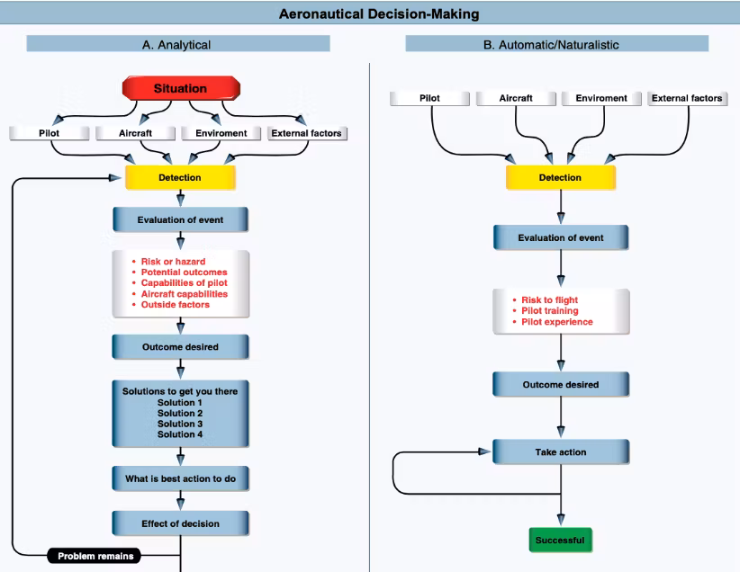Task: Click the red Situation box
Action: pos(180,88)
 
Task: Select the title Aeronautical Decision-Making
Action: pos(378,13)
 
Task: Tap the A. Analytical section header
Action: pos(177,44)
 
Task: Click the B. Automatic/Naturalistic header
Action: pos(556,44)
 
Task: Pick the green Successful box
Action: pos(560,540)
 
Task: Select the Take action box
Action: pos(560,452)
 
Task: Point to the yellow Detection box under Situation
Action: pos(180,177)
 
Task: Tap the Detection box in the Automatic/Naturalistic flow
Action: pos(560,177)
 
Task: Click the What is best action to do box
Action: pos(180,478)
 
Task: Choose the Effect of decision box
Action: pos(180,523)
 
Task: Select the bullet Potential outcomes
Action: pos(184,272)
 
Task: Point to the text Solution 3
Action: pos(180,424)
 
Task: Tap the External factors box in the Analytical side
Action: pos(307,133)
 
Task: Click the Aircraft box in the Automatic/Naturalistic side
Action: pos(516,98)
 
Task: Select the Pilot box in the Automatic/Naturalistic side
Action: pos(430,98)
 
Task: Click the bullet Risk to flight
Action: pos(549,299)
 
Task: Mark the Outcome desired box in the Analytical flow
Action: pos(180,346)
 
